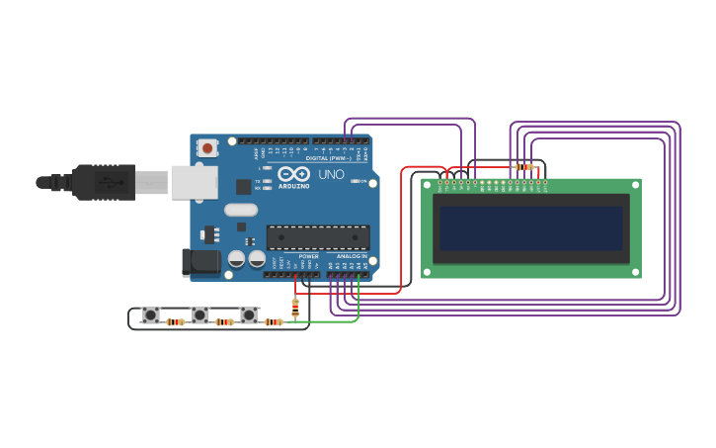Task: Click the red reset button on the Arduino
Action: pyautogui.click(x=207, y=148)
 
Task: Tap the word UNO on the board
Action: pyautogui.click(x=331, y=174)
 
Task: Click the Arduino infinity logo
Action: pyautogui.click(x=293, y=174)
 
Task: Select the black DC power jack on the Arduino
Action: pyautogui.click(x=200, y=262)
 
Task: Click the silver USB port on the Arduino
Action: pyautogui.click(x=194, y=182)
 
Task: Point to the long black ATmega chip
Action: pyautogui.click(x=318, y=237)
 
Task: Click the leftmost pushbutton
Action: pyautogui.click(x=150, y=315)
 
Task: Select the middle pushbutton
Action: pyautogui.click(x=199, y=315)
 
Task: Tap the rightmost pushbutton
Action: pyautogui.click(x=249, y=315)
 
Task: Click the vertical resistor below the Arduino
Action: pyautogui.click(x=295, y=308)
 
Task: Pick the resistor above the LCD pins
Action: pyautogui.click(x=524, y=167)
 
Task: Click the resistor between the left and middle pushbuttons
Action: pyautogui.click(x=175, y=321)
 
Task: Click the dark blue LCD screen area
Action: pyautogui.click(x=531, y=228)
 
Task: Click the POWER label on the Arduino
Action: pyautogui.click(x=309, y=256)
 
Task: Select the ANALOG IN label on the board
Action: pyautogui.click(x=351, y=256)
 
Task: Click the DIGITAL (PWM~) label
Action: pyautogui.click(x=328, y=158)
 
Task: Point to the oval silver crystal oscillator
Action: pyautogui.click(x=240, y=210)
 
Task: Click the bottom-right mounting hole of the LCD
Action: pyautogui.click(x=634, y=271)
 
